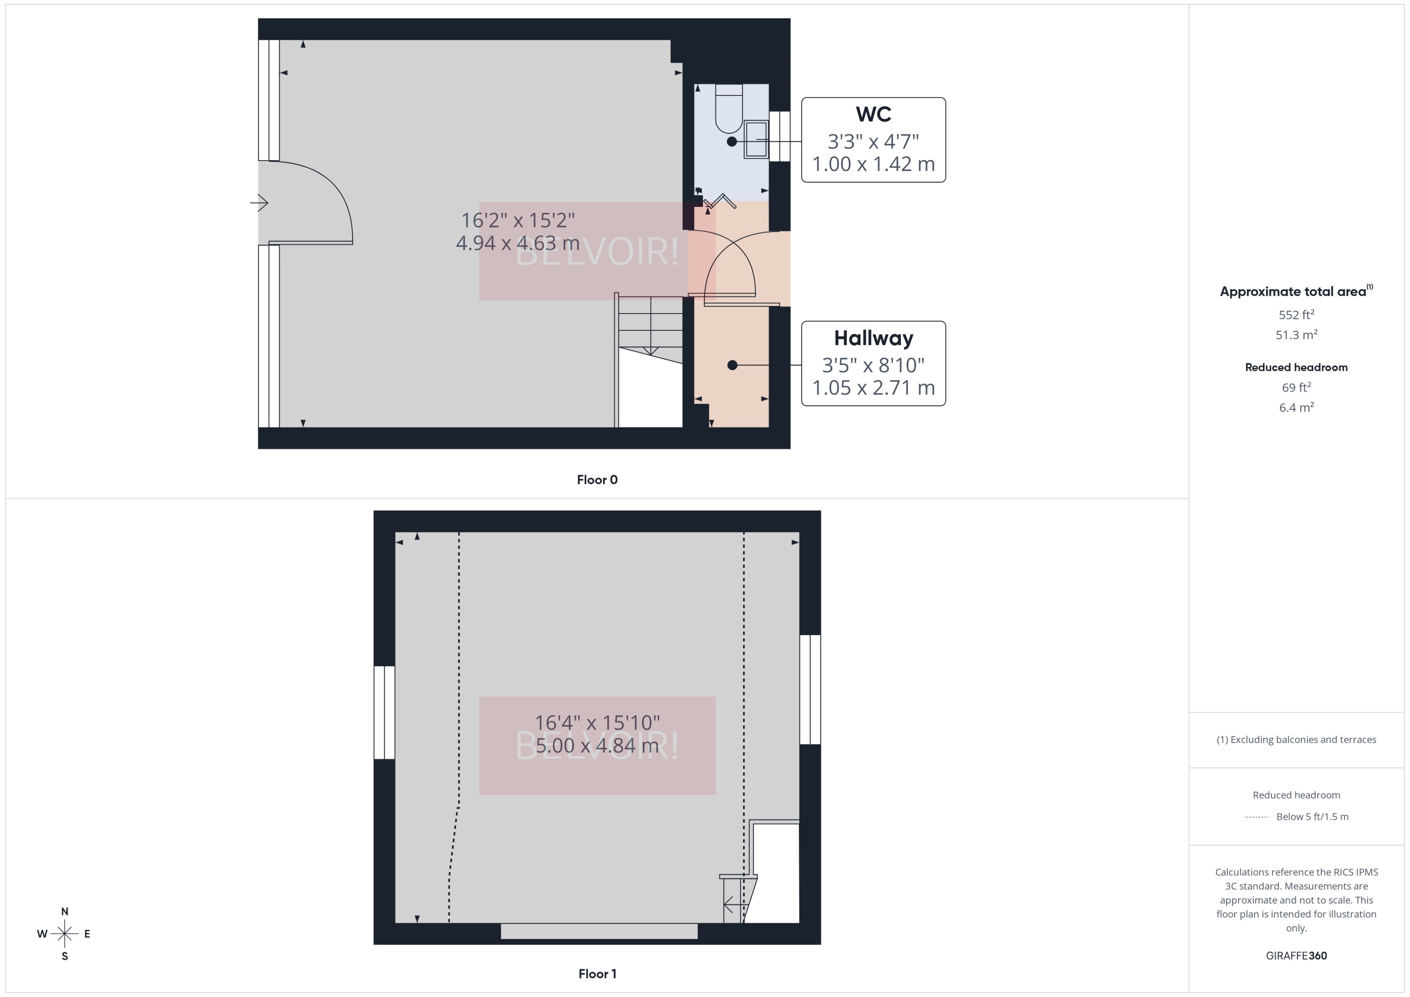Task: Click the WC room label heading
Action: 873,114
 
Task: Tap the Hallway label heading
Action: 873,338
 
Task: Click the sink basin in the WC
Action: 756,139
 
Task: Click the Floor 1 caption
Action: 597,974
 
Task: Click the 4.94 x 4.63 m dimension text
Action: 517,243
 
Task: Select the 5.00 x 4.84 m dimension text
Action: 597,746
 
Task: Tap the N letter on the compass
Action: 64,912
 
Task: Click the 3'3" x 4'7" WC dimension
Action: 873,142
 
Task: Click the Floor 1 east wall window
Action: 810,689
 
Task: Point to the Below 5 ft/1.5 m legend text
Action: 1313,817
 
